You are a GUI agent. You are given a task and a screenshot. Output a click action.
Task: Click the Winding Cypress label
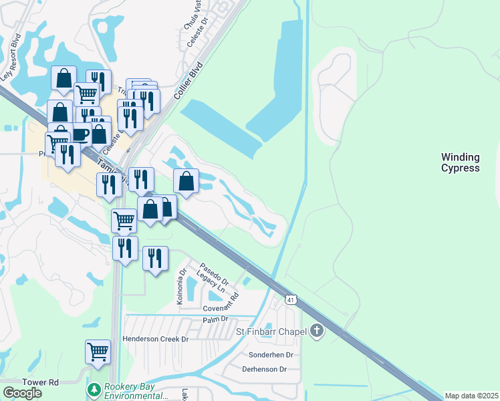[x=460, y=162]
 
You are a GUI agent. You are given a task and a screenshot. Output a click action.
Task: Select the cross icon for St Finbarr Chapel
[x=317, y=331]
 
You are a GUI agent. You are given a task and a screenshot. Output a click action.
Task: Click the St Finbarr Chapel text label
[x=271, y=331]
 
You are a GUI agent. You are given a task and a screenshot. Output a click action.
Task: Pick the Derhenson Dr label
[x=264, y=369]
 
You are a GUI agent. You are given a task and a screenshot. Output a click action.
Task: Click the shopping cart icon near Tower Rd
[x=98, y=351]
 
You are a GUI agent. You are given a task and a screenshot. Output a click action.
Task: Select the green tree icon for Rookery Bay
[x=94, y=389]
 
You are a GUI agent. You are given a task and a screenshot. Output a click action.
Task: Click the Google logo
[x=22, y=393]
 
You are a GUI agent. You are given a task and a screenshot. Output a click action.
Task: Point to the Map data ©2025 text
[x=471, y=396]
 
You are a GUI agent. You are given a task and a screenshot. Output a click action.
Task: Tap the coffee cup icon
[x=80, y=134]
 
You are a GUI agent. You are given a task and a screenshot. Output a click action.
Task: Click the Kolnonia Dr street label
[x=180, y=286]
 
